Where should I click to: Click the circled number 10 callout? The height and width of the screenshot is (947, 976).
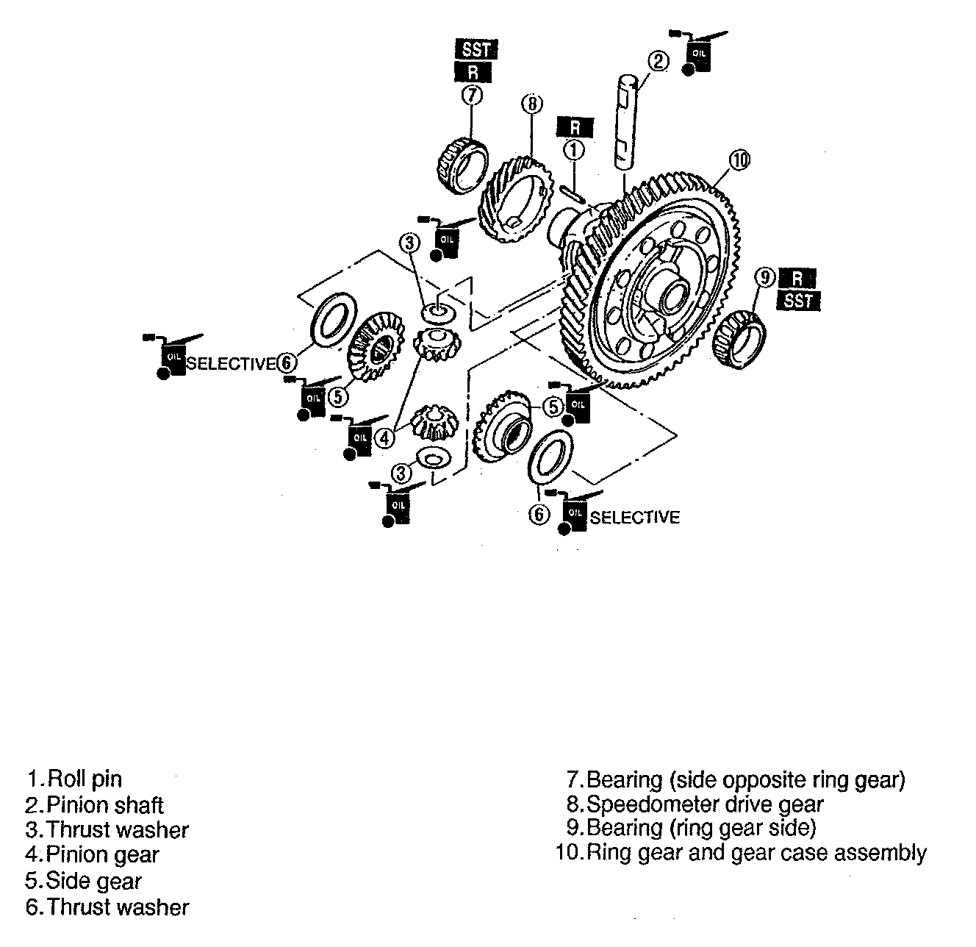coord(739,160)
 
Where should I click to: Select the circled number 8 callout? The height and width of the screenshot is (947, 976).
coord(531,104)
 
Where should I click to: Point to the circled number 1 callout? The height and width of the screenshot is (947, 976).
coord(574,150)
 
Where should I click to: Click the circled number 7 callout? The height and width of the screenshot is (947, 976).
coord(472,95)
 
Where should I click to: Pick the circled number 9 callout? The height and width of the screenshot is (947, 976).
coord(765,277)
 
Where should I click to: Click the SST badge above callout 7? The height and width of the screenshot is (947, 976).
coord(476,50)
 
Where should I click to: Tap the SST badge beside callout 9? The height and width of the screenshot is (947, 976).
coord(798,300)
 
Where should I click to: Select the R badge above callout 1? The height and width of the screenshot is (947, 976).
coord(575,126)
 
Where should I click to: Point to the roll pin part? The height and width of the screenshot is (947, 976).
coord(573,193)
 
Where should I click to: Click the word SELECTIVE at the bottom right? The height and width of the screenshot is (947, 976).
coord(634,518)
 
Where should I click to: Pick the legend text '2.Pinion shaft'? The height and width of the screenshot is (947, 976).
coord(95,805)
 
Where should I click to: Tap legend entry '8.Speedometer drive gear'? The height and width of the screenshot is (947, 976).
coord(695,804)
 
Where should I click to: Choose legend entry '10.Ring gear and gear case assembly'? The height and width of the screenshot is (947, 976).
coord(742,853)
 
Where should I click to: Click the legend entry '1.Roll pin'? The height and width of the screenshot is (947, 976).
coord(74,779)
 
